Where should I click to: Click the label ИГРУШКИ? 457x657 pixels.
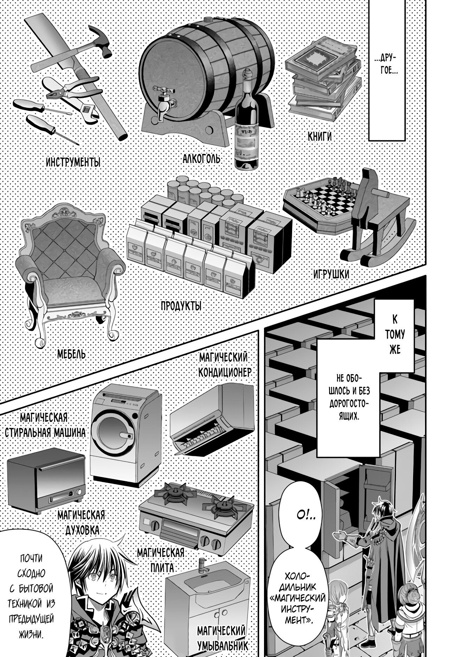coord(332,274)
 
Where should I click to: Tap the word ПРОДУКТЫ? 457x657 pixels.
coord(181,306)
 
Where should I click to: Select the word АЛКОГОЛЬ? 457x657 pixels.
coord(201,159)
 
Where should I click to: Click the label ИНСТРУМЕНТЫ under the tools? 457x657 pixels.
coord(73,163)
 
